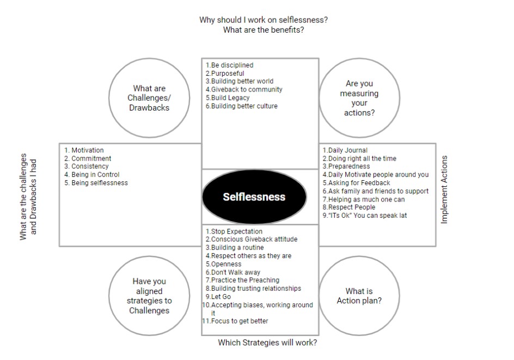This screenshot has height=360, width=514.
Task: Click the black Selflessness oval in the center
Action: pyautogui.click(x=254, y=197)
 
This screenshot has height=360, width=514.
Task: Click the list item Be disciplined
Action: pyautogui.click(x=229, y=65)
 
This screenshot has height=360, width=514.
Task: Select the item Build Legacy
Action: pyautogui.click(x=228, y=97)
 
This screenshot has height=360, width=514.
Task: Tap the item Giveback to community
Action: pyautogui.click(x=244, y=89)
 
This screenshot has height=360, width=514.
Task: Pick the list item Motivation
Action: pyautogui.click(x=84, y=150)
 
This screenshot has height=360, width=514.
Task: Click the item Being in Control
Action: pyautogui.click(x=92, y=175)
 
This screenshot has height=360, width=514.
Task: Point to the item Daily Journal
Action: pyautogui.click(x=345, y=150)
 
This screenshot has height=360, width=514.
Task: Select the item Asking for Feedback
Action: pyautogui.click(x=356, y=183)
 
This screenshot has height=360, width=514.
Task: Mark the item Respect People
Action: pyautogui.click(x=349, y=207)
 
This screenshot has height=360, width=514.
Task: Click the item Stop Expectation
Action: pyautogui.click(x=234, y=231)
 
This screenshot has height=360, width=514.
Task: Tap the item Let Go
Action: pyautogui.click(x=218, y=297)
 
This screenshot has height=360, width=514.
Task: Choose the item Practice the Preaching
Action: pyautogui.click(x=243, y=280)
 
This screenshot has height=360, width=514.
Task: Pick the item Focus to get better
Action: pyautogui.click(x=235, y=321)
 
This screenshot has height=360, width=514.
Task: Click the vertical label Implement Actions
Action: pyautogui.click(x=444, y=190)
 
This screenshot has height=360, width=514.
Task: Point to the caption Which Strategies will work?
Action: pyautogui.click(x=267, y=343)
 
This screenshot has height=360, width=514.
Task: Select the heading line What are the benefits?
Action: pyautogui.click(x=264, y=30)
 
